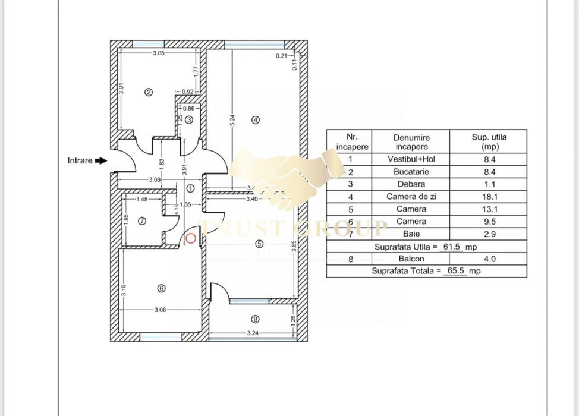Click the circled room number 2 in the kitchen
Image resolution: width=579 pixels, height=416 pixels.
click(x=149, y=92)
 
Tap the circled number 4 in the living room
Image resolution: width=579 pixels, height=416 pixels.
click(x=256, y=119)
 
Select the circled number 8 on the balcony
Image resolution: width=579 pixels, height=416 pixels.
click(x=256, y=319)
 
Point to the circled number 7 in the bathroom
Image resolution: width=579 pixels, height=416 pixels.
click(x=141, y=221)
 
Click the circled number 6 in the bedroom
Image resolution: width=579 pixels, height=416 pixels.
click(x=161, y=289)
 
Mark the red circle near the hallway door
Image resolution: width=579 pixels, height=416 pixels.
click(x=191, y=239)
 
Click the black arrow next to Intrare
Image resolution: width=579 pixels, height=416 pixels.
click(x=101, y=160)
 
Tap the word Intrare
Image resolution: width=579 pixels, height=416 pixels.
click(x=80, y=160)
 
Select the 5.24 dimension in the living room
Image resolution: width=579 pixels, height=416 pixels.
click(x=233, y=119)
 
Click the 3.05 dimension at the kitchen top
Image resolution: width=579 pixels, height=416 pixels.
click(x=158, y=53)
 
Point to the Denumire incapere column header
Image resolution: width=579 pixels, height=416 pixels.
click(x=411, y=141)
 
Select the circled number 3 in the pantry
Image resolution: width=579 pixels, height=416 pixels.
click(x=189, y=119)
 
